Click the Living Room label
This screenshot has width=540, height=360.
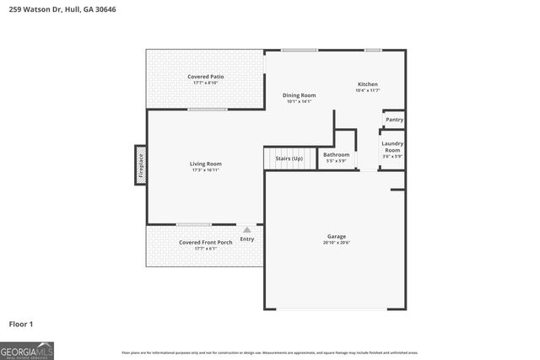pos(205,164)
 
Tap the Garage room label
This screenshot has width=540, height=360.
pos(337,236)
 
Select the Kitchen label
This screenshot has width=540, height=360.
pos(368,84)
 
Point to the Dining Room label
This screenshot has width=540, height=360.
pos(299,95)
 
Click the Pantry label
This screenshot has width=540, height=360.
pos(394,120)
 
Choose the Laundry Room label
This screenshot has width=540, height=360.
pos(392,147)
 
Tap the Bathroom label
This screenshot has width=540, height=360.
pos(336,154)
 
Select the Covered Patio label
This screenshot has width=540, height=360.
pos(206,77)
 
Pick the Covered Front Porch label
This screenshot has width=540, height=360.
pos(205,243)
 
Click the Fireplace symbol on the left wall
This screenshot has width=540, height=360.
pos(141,164)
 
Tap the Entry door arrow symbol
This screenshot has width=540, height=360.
pos(246,229)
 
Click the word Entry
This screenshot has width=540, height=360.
pos(246,239)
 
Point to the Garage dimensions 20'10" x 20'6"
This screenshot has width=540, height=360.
pos(337,243)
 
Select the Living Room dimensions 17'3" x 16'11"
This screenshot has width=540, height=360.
pos(205,170)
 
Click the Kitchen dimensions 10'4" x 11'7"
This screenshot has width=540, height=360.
pos(368,90)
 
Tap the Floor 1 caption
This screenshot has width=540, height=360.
pos(21,323)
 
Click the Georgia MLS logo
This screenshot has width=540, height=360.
pos(27,350)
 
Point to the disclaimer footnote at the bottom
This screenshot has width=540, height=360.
pos(269,352)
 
